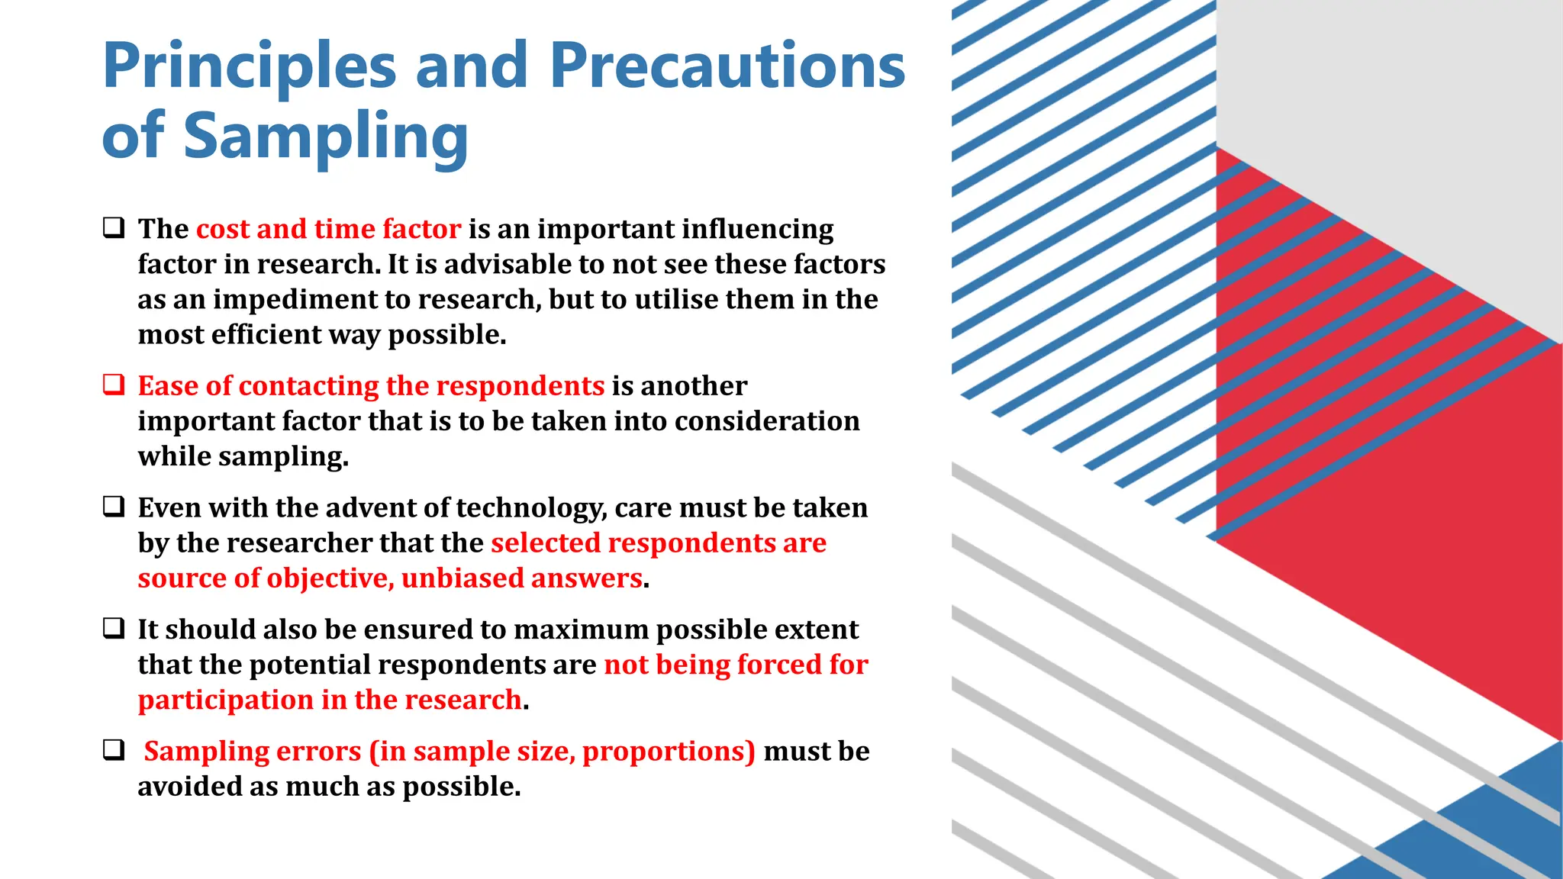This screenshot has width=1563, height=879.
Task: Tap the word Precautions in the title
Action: click(727, 66)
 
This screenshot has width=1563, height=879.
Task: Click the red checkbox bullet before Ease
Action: click(114, 385)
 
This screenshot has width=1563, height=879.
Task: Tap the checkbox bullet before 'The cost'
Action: click(114, 227)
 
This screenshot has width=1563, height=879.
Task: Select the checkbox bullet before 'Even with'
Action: click(114, 507)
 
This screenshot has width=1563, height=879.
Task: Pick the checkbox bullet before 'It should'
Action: click(114, 628)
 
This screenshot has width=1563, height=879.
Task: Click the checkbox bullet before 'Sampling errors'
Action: click(114, 750)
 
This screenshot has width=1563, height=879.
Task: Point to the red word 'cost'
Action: click(223, 229)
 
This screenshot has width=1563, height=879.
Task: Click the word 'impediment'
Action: click(294, 300)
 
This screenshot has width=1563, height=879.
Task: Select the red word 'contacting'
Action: click(308, 387)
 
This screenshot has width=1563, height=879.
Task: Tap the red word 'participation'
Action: click(225, 700)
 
